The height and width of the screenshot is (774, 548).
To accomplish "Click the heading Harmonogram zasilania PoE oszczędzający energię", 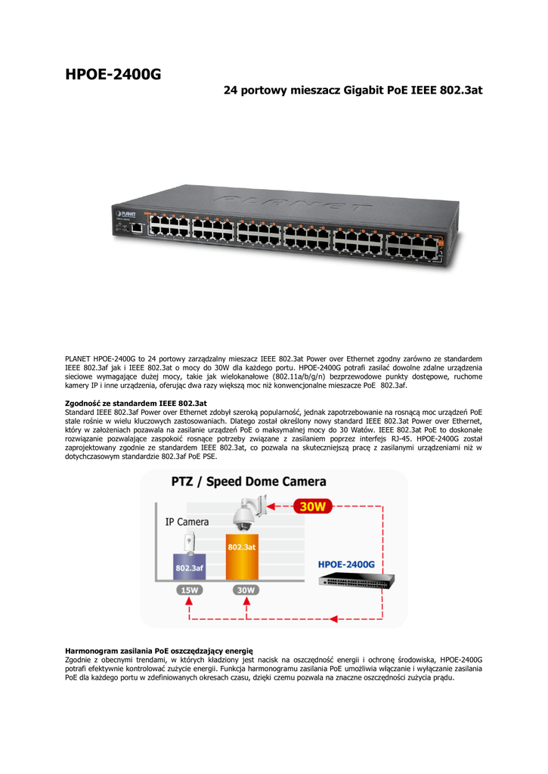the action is click(x=159, y=649).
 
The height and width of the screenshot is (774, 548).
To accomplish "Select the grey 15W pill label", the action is click(x=190, y=590).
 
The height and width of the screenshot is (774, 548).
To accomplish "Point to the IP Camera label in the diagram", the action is click(x=187, y=522).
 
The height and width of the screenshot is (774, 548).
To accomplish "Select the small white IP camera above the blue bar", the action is click(x=190, y=543).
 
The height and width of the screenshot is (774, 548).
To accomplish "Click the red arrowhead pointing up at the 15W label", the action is click(x=190, y=601).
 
